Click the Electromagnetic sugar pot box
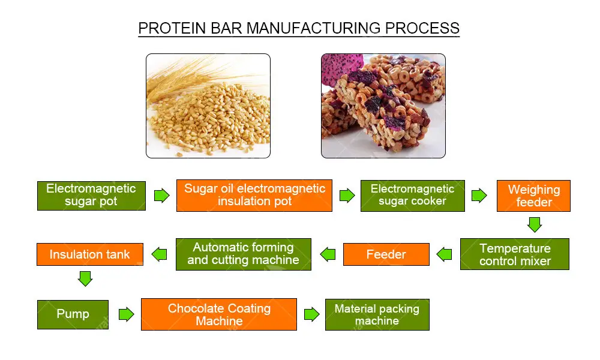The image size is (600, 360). (91, 196)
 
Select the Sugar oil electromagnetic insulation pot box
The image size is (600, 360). (254, 196)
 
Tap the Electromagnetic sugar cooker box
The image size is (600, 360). (412, 196)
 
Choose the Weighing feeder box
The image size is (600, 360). (533, 196)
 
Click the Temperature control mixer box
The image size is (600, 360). (514, 254)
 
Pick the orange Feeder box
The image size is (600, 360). (386, 254)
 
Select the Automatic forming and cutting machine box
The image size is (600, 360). (243, 254)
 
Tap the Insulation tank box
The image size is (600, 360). (89, 254)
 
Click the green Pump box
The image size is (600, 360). (73, 314)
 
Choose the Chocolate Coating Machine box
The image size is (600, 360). (219, 314)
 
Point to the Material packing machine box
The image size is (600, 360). (377, 314)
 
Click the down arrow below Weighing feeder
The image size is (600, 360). (534, 225)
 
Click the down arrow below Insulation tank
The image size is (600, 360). (85, 278)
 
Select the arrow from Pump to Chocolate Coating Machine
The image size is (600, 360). (126, 314)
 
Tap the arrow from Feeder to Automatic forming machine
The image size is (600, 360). (328, 254)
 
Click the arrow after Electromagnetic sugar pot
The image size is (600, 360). (161, 196)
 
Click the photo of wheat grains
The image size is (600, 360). (208, 106)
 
